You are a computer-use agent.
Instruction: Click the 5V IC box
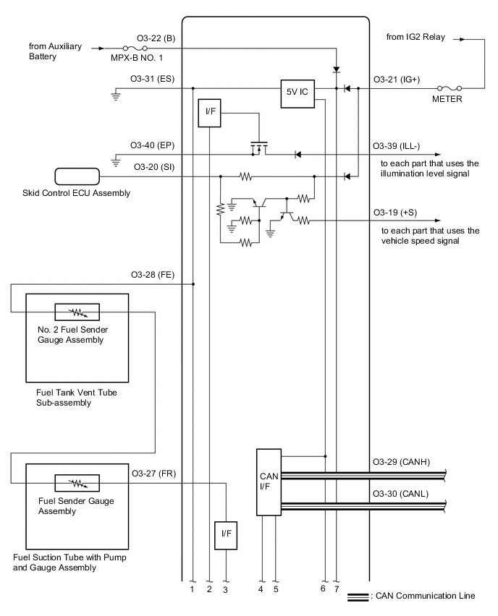tap(298, 93)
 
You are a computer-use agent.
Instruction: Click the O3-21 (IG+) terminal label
tap(399, 80)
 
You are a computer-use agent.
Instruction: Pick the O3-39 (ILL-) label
tap(400, 145)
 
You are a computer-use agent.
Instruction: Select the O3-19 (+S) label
tap(395, 212)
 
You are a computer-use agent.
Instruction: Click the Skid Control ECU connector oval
tap(77, 176)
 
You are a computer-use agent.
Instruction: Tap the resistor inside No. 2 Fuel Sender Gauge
tap(77, 312)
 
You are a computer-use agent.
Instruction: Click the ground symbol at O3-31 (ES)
tap(116, 95)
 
